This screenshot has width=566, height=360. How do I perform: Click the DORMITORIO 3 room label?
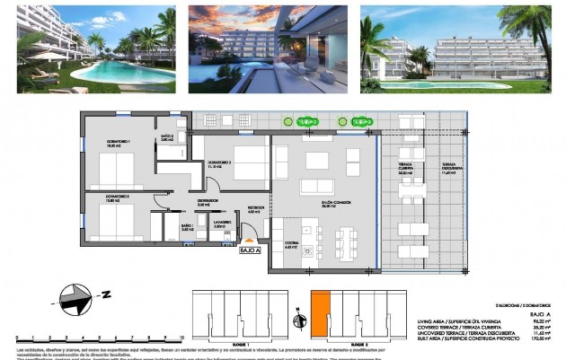(220, 165)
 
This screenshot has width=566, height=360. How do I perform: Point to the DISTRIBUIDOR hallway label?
(209, 203)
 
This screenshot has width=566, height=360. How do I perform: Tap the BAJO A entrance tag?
(252, 251)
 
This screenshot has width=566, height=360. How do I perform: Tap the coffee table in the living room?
(317, 161)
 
